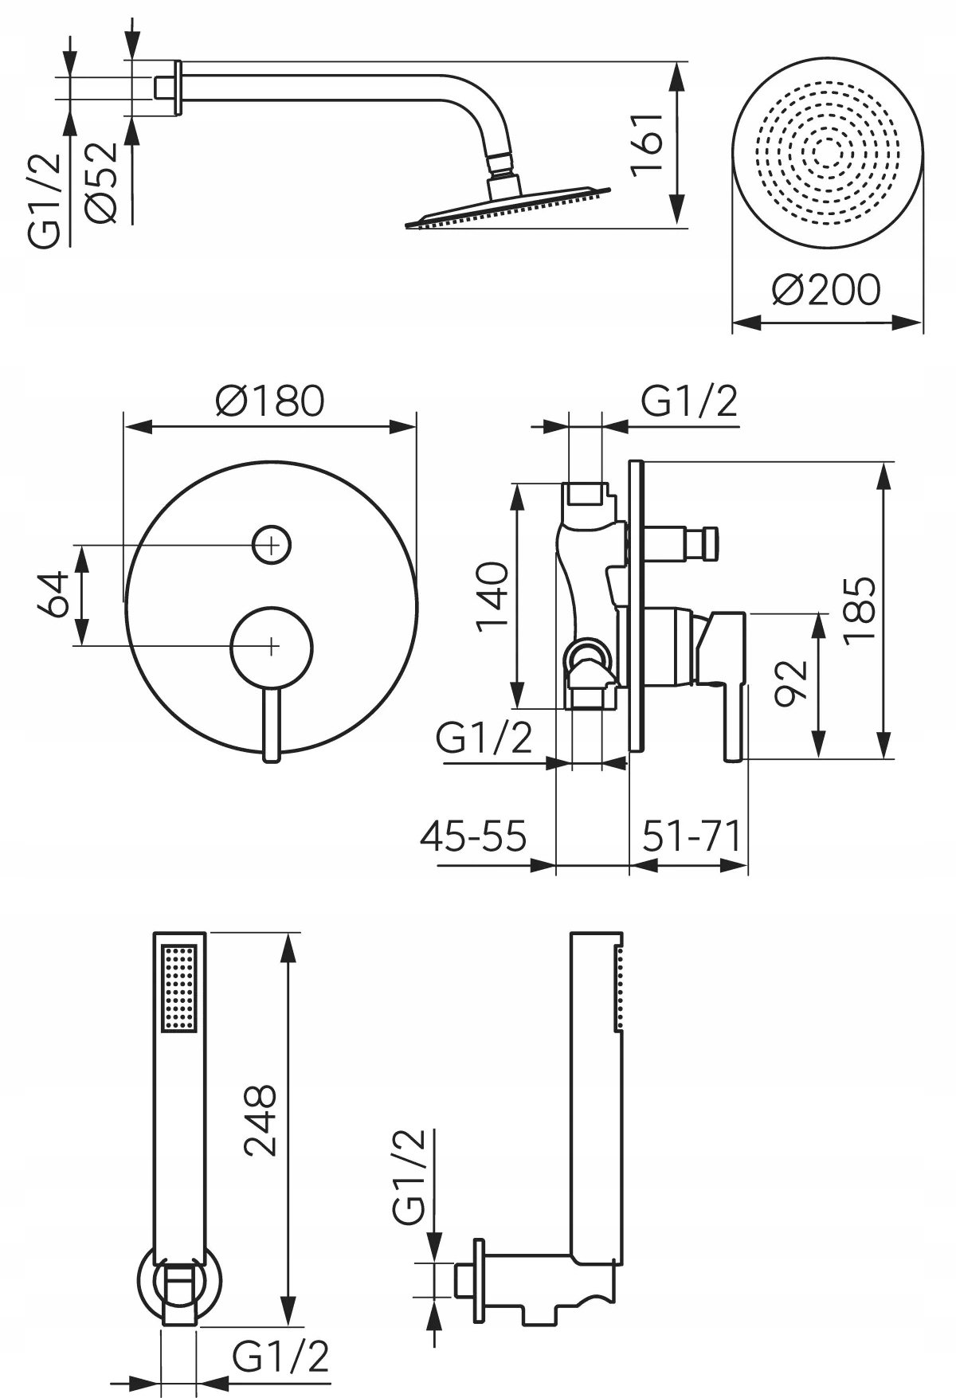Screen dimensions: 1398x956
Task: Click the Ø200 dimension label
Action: coord(827,290)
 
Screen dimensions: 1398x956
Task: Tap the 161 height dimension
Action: coord(646,143)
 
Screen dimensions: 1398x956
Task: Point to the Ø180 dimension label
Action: coord(270,401)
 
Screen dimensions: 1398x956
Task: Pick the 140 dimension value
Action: coord(492,596)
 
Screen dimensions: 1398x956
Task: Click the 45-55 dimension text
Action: coord(473,836)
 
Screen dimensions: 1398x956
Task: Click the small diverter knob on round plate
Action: coord(271,545)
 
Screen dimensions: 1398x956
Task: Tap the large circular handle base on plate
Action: coord(272,644)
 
